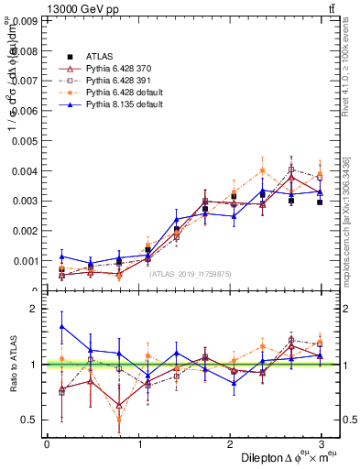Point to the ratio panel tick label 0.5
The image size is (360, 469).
pos(29,420)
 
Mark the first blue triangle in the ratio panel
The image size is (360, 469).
pos(61,326)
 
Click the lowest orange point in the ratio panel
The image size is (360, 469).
pos(119,420)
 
